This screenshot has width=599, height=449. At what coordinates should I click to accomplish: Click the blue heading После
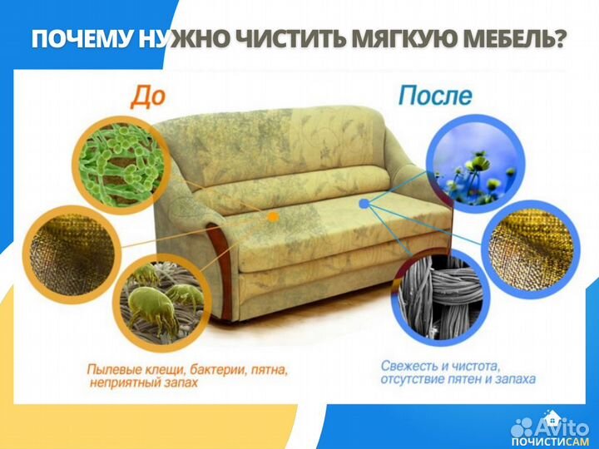(434, 96)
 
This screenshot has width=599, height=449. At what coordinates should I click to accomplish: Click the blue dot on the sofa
(364, 202)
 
